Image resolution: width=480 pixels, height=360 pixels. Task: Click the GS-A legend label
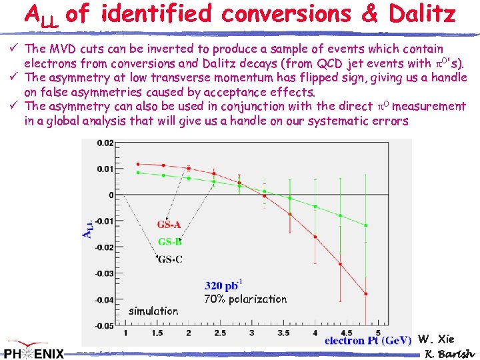[169, 225]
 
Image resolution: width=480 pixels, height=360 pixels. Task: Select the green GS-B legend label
[169, 241]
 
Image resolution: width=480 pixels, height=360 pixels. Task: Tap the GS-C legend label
[169, 259]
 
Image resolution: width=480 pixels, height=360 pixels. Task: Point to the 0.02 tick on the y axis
[105, 143]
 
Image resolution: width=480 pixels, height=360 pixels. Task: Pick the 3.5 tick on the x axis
[283, 332]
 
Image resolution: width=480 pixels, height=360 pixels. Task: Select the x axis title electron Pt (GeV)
[367, 341]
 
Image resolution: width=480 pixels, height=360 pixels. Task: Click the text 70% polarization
[245, 299]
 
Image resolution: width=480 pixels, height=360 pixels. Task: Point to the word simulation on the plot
[153, 311]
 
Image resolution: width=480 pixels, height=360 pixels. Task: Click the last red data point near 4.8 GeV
[365, 293]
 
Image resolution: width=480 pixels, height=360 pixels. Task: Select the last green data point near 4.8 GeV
[365, 225]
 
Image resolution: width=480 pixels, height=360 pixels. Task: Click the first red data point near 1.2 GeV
[137, 163]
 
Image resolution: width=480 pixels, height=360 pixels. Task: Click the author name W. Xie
[436, 339]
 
